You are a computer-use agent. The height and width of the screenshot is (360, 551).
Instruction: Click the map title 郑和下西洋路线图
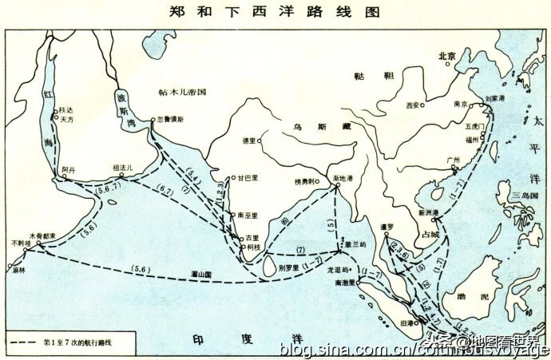tap(275, 13)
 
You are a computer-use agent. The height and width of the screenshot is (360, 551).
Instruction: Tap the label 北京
tap(446, 57)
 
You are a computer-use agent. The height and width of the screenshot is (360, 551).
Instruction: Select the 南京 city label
tap(461, 104)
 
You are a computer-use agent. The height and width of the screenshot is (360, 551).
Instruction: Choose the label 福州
tap(473, 139)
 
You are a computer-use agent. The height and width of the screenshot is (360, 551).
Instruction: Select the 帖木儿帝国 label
tap(182, 93)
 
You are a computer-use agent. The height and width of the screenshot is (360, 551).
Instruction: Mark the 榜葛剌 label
tap(307, 182)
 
